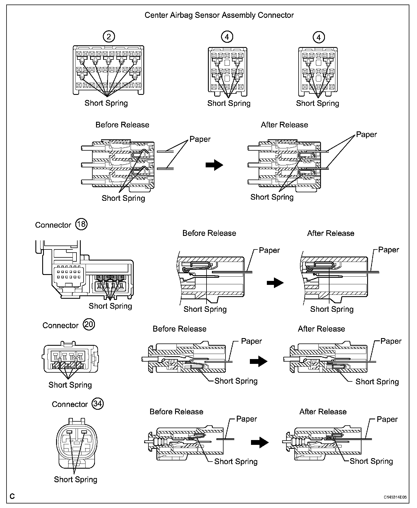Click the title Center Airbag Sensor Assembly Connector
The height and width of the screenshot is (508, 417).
219,15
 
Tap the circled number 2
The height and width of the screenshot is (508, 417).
109,37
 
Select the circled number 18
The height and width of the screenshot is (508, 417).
81,224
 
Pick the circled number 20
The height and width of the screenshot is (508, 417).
89,325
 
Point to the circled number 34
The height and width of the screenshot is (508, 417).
98,403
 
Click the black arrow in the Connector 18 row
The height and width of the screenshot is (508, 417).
275,283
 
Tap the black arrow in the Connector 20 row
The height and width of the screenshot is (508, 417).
259,361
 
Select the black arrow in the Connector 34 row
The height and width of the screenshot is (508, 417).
260,442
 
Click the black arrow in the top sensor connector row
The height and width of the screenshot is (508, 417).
214,165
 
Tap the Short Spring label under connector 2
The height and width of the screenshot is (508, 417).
106,103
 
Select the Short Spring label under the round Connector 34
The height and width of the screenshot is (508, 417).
76,479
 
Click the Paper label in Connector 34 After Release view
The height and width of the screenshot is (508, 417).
387,419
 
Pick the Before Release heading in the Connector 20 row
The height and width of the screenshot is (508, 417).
179,329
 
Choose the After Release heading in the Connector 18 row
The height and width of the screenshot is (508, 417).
331,233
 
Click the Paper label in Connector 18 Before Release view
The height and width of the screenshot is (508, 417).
269,250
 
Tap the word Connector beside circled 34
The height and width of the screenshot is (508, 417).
70,404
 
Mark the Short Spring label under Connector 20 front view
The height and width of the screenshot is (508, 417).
70,385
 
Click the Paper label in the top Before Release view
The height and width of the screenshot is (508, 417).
200,139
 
